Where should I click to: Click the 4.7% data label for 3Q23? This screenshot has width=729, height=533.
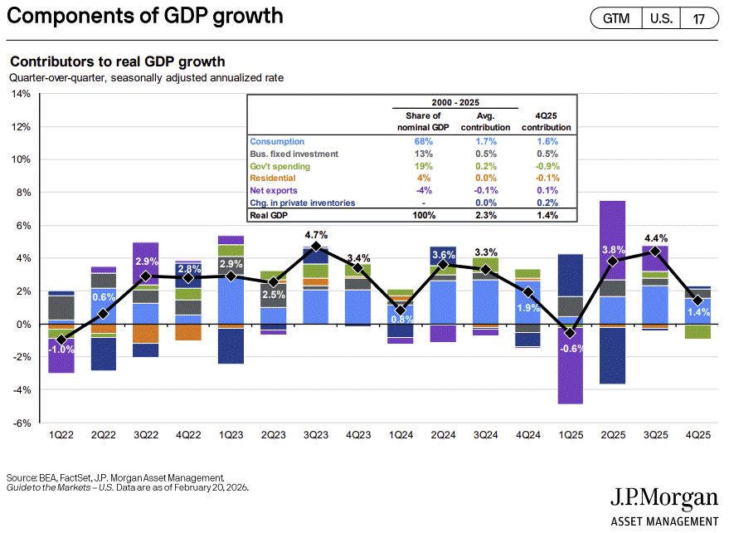point(316,234)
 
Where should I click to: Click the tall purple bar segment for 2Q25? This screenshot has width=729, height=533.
point(612,240)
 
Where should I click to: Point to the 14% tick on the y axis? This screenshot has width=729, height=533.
point(20,94)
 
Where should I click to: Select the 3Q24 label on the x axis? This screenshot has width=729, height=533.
point(486,434)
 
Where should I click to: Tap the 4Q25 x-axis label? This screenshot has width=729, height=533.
point(697,434)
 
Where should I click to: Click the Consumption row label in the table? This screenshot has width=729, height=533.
point(277,142)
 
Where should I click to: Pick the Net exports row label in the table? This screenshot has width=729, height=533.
point(275,190)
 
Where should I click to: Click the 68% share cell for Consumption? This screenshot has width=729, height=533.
point(424,142)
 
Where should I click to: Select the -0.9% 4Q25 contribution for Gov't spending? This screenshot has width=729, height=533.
point(547,166)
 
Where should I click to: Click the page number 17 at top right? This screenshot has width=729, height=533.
point(699,18)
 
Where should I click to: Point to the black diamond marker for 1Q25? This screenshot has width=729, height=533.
point(570,334)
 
